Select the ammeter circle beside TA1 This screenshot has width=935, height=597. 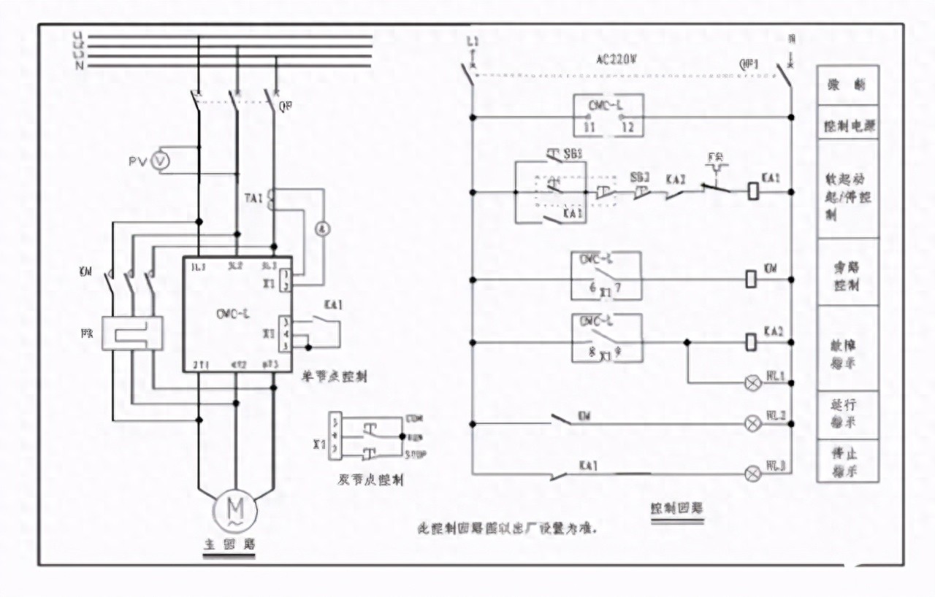[322, 228]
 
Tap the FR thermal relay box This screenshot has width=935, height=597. [132, 333]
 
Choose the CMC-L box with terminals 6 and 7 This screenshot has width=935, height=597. [608, 275]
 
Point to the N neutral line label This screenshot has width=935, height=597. [78, 65]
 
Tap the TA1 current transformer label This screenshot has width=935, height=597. [253, 198]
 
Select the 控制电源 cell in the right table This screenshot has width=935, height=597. [847, 126]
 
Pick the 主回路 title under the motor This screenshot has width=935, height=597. [229, 545]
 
